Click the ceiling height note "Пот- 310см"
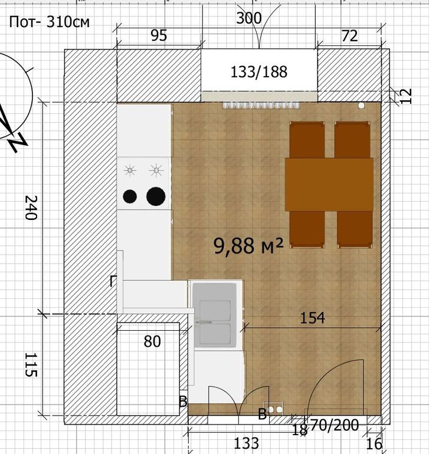tap(50, 22)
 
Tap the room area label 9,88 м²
tap(248, 246)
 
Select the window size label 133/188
tap(259, 72)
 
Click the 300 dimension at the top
tap(248, 18)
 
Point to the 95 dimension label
tap(159, 35)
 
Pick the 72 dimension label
tap(349, 36)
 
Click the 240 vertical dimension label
tap(31, 208)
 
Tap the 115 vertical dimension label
tap(31, 364)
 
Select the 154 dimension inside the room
tap(312, 318)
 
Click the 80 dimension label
tap(152, 341)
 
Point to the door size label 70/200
tap(335, 426)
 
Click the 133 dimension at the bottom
tap(246, 443)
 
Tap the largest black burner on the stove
tap(156, 196)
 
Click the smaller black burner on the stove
tap(130, 196)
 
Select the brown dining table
tap(329, 185)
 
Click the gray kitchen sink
tap(215, 315)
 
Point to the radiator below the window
tap(261, 105)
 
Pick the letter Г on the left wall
tap(113, 281)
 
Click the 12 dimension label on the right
tap(407, 96)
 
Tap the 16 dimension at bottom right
tap(374, 444)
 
